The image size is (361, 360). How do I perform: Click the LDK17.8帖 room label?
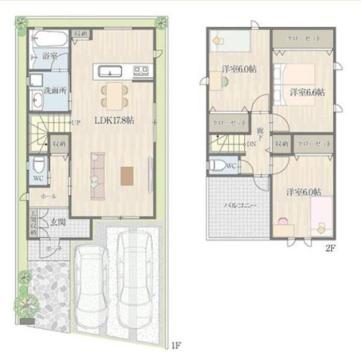pos(114,120)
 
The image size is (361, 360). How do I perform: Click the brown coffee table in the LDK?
pos(127,175)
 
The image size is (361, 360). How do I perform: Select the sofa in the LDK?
pos(97,175)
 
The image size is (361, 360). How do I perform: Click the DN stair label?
pos(251,144)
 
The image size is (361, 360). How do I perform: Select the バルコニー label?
pos(241,206)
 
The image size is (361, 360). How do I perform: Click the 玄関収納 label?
pos(32,223)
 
